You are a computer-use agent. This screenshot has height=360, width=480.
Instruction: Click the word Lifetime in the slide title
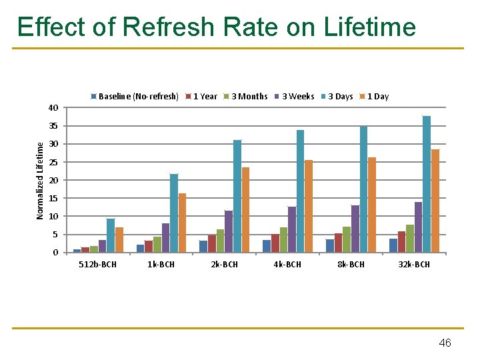[369, 27]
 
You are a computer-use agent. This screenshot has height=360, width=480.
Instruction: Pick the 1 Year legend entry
[205, 97]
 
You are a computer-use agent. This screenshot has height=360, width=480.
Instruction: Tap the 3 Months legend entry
[249, 97]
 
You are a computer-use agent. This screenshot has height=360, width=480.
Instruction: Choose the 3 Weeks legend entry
[297, 97]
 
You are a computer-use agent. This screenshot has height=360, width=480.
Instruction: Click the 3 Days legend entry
[340, 97]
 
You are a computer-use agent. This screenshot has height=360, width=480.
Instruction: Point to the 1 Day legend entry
[377, 97]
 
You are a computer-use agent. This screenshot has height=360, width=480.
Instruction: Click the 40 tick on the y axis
[53, 108]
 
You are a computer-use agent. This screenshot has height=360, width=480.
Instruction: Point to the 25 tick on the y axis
[53, 163]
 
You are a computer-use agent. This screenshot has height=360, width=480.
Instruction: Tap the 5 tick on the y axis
[55, 235]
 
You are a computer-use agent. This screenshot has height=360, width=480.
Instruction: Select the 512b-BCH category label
[97, 265]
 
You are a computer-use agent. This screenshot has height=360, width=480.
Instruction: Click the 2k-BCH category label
[224, 265]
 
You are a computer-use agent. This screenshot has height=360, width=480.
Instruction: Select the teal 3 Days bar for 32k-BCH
[427, 185]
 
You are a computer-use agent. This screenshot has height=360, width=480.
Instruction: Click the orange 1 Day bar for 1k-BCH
[182, 223]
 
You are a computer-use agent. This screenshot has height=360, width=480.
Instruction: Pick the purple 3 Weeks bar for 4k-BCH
[291, 229]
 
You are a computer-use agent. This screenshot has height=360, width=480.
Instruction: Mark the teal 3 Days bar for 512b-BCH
[111, 235]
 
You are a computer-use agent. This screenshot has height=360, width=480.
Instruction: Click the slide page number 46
[445, 343]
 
